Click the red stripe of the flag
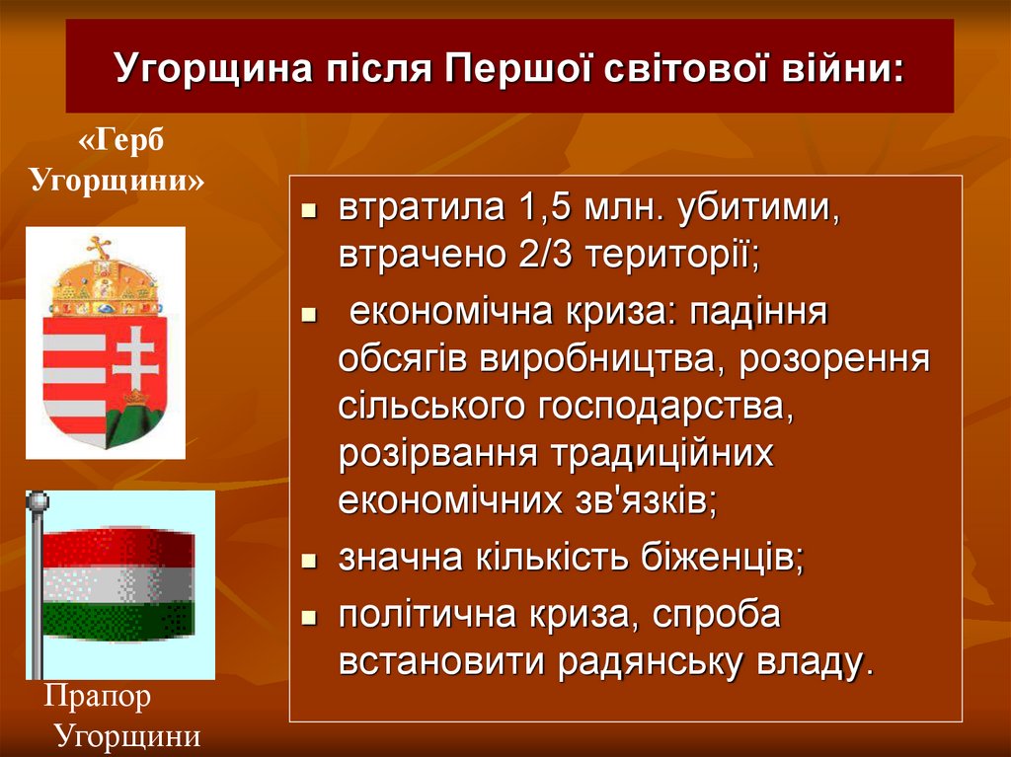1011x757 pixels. click(118, 545)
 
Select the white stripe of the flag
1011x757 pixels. click(118, 584)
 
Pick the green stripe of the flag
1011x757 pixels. click(118, 620)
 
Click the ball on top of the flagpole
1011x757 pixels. click(37, 501)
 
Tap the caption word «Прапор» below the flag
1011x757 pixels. click(98, 698)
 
